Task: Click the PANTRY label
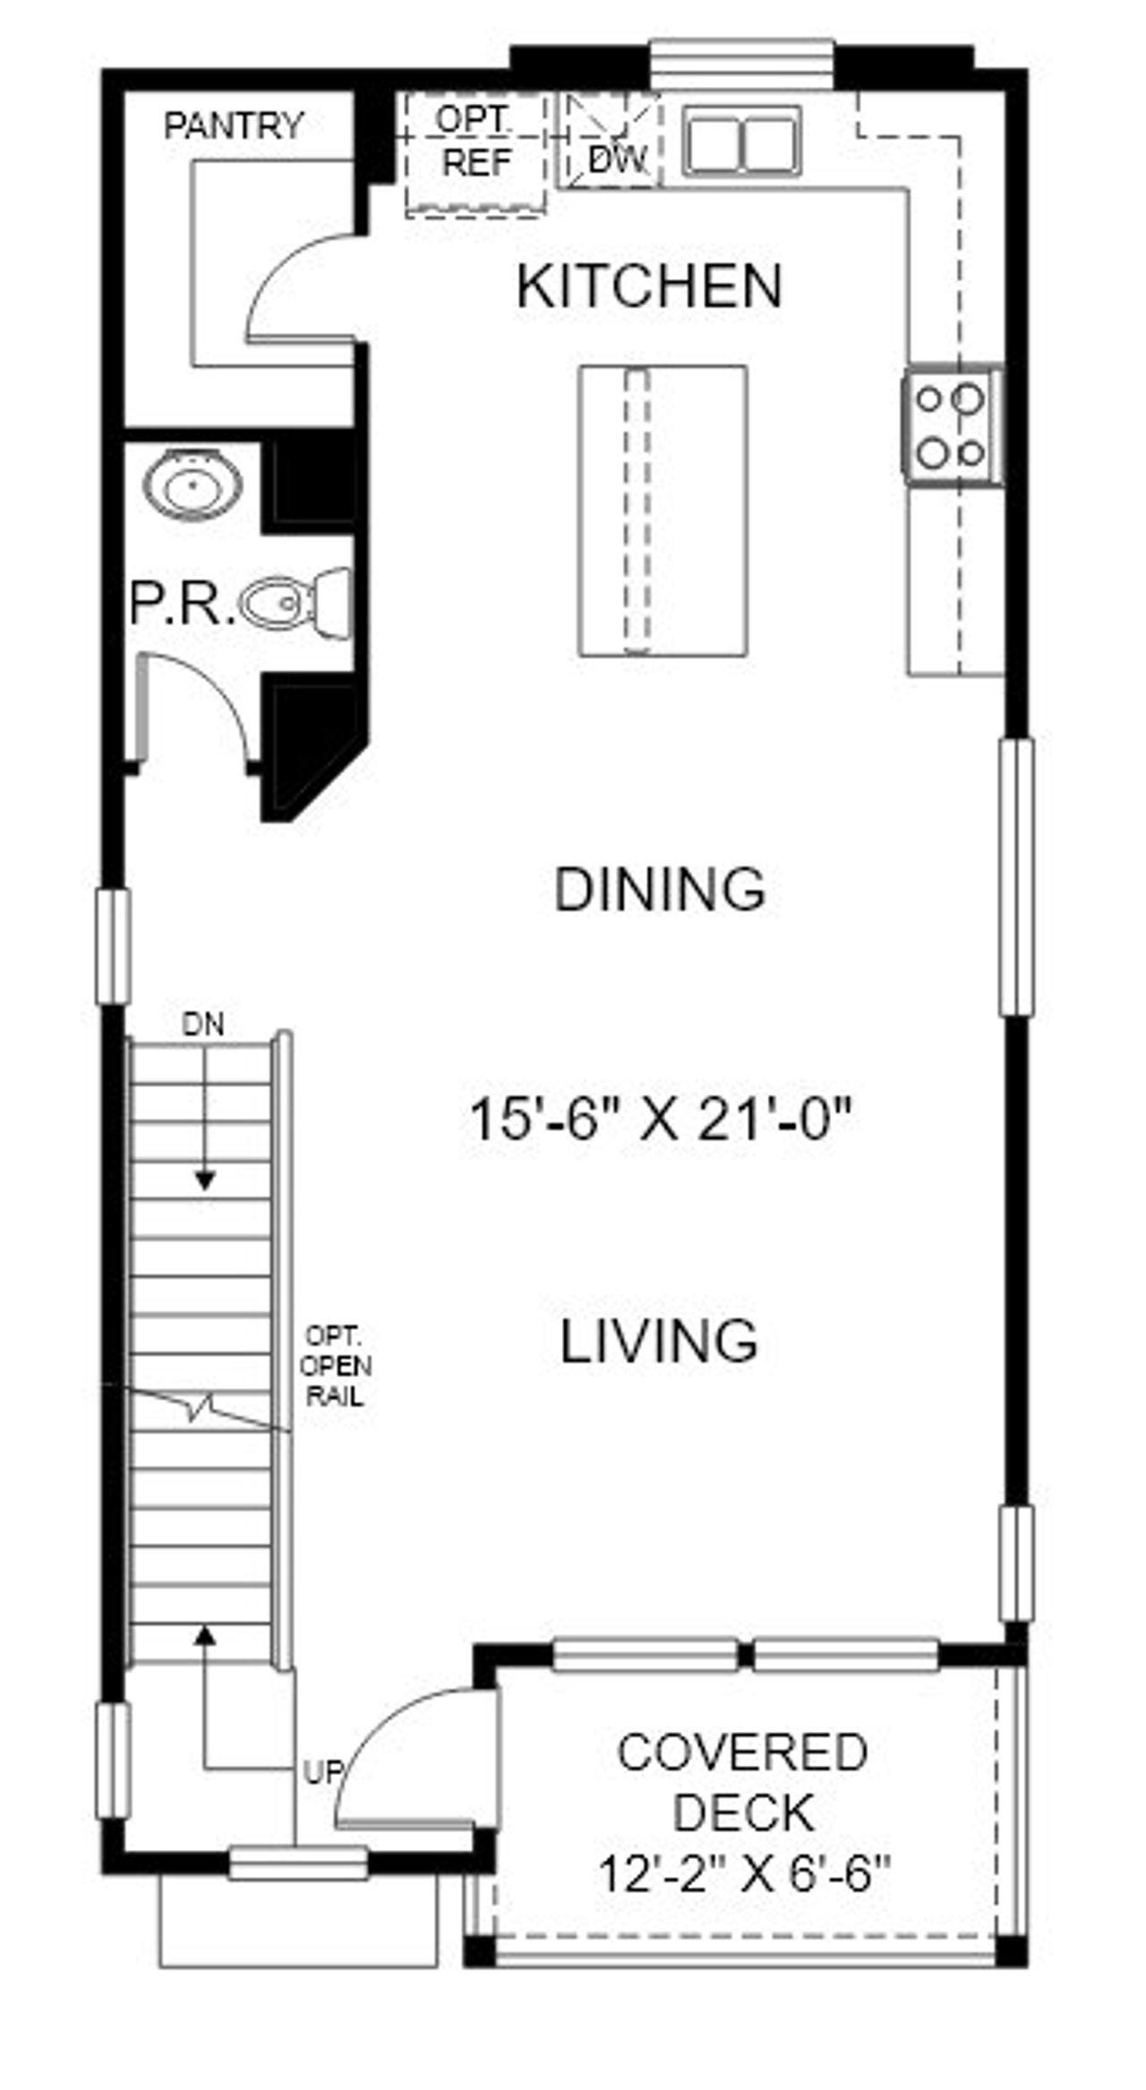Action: click(x=234, y=125)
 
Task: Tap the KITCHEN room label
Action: click(x=650, y=287)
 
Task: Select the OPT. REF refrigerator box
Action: click(x=476, y=154)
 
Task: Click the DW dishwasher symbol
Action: click(x=614, y=143)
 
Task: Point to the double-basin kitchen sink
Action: click(x=743, y=141)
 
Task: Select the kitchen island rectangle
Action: click(x=663, y=510)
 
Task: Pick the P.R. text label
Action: click(x=182, y=604)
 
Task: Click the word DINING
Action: click(x=660, y=890)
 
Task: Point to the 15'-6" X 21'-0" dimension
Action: click(x=659, y=1119)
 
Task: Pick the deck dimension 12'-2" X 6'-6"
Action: click(x=744, y=1873)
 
